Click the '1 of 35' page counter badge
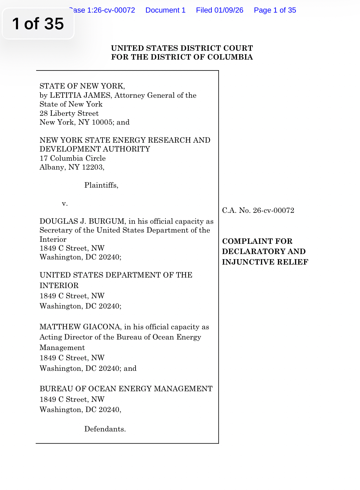[38, 23]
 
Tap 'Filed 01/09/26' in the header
[219, 10]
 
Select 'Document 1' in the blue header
[165, 10]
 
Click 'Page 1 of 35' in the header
[275, 10]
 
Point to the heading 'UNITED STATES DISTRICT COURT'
[182, 48]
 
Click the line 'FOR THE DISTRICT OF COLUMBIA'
[182, 57]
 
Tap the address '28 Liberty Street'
[69, 113]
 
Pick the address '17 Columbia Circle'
[73, 158]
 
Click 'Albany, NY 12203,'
[72, 167]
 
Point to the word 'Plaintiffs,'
[101, 185]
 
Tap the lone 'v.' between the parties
[65, 204]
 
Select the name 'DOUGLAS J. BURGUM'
[82, 221]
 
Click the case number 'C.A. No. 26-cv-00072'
[258, 210]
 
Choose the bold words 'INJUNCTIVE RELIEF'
[265, 262]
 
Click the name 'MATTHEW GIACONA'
[80, 327]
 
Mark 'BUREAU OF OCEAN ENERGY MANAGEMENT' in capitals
[126, 389]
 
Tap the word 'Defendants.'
[105, 429]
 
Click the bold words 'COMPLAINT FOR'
[257, 241]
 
